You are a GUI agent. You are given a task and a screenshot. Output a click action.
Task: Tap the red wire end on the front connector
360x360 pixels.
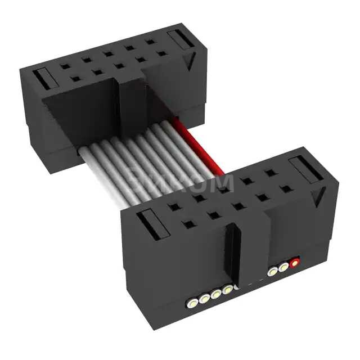(x=294, y=261)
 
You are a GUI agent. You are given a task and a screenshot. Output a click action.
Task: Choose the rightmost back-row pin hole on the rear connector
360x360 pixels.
(x=150, y=41)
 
